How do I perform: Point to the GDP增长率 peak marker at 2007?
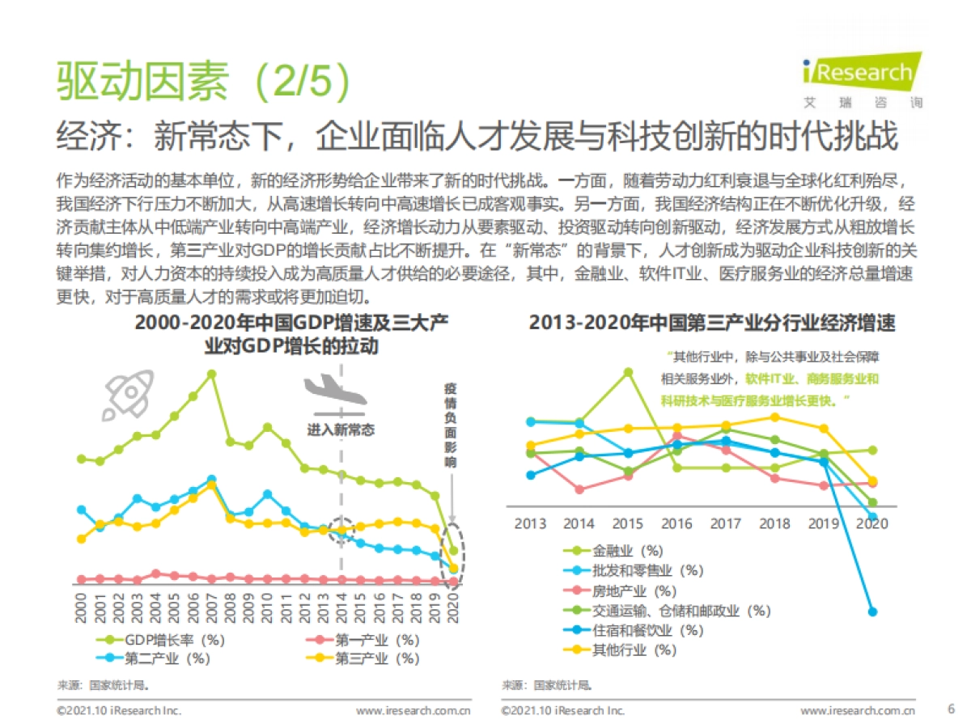click(211, 375)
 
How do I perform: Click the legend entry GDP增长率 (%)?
click(162, 640)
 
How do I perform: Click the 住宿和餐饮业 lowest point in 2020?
click(872, 612)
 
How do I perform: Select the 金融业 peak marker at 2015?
click(628, 372)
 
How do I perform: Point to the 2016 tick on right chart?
click(676, 523)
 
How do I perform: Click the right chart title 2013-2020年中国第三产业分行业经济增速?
click(712, 323)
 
